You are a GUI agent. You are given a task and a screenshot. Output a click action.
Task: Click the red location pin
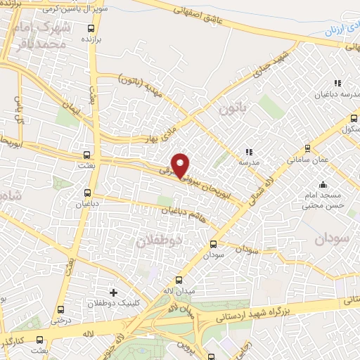(181, 165)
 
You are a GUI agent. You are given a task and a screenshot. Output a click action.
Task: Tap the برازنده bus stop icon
(91, 29)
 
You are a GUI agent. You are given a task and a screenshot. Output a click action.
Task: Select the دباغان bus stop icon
(88, 193)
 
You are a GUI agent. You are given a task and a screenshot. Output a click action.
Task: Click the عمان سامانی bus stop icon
(307, 148)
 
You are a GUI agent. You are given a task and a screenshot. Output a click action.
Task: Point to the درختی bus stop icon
(60, 309)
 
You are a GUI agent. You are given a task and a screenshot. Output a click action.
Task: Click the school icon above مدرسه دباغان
(338, 83)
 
